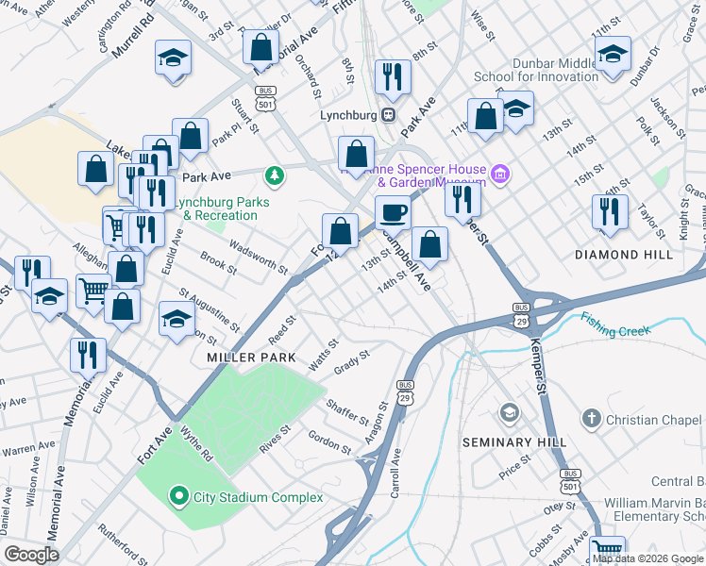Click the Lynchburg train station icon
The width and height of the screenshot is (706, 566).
pos(387,114)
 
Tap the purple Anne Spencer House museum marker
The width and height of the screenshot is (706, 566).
pos(500,173)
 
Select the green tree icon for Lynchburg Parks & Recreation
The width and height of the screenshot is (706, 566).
pos(274,175)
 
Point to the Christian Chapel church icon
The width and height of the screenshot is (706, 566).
pos(591,417)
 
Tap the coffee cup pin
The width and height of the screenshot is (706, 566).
pos(393,212)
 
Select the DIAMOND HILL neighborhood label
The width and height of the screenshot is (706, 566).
pos(624,255)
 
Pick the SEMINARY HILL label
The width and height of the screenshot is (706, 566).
pos(514,441)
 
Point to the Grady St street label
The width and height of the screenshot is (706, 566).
pos(350,361)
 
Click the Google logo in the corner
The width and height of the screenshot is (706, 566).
pos(31,555)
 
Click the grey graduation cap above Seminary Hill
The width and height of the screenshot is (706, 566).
pos(510,413)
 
